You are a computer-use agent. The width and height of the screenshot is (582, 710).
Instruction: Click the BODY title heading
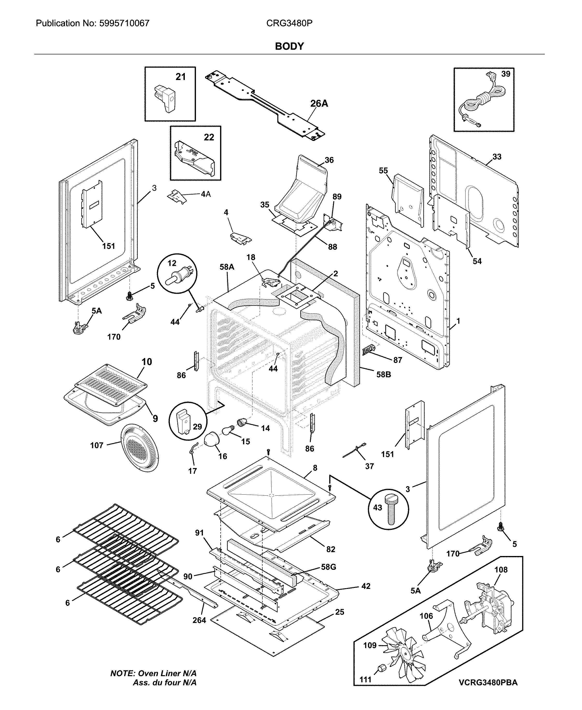[289, 46]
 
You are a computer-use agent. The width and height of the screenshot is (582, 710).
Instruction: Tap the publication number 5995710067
[124, 23]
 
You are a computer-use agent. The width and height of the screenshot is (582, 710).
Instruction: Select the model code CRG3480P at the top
[289, 23]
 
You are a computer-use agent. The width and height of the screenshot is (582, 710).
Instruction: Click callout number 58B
[383, 374]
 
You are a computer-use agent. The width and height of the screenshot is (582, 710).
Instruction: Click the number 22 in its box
[209, 137]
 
